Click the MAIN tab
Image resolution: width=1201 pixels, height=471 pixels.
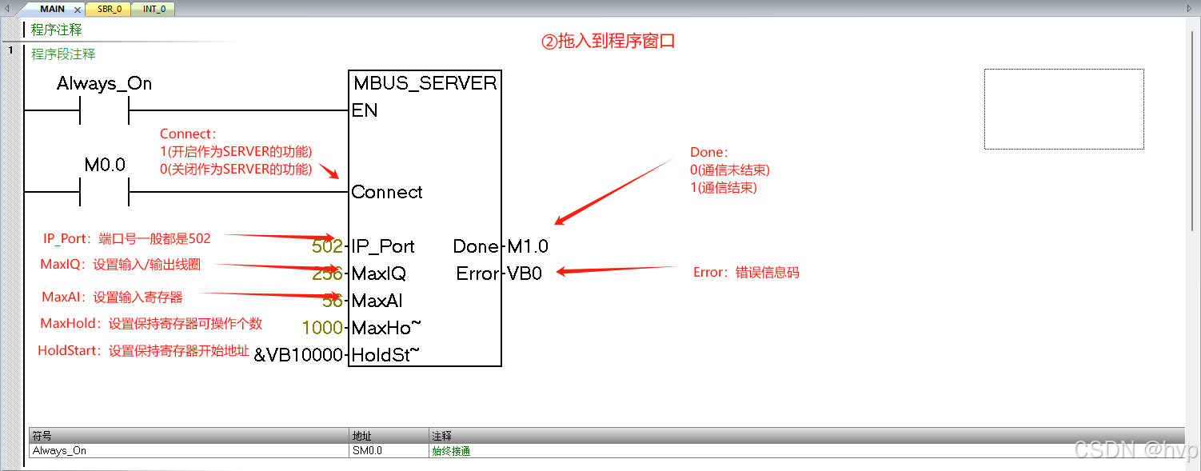52,10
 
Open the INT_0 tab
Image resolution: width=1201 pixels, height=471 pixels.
154,10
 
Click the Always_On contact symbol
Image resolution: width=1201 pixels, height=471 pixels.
104,110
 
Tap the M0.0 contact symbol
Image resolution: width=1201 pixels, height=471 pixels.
104,192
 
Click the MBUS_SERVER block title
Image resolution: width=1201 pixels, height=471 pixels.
425,83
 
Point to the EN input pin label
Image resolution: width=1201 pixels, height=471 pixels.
365,110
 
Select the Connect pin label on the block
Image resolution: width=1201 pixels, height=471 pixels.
387,192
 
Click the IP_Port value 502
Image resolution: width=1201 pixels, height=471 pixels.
327,246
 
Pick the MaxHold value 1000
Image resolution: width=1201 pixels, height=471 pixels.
322,328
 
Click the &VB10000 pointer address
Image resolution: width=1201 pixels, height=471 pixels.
298,355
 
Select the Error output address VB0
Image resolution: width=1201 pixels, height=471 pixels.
525,273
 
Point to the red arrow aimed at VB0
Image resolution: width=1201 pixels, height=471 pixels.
616,270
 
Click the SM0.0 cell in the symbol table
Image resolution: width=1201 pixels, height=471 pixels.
368,450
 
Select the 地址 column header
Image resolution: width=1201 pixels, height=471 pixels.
362,436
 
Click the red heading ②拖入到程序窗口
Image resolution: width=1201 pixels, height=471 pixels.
608,41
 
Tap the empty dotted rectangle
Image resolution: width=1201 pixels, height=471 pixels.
1063,109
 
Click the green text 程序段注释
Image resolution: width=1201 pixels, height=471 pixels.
63,54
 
